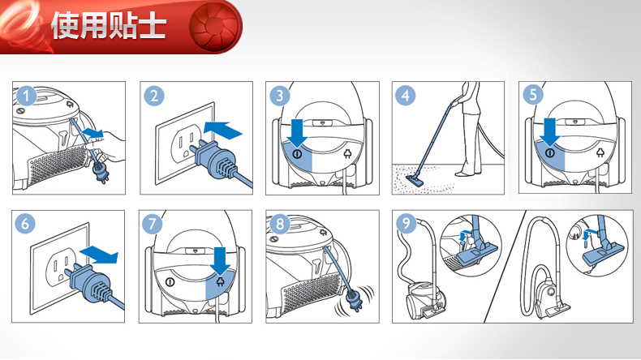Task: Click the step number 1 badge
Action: [27, 96]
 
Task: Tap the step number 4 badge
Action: [405, 96]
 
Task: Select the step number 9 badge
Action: [406, 223]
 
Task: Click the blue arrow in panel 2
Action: [223, 130]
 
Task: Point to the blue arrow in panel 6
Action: [99, 255]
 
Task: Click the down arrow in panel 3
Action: [297, 133]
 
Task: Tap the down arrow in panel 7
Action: [220, 261]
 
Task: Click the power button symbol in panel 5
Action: [550, 153]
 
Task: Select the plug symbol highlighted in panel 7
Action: [221, 281]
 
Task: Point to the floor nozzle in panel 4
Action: [417, 179]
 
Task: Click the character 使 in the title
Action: [65, 26]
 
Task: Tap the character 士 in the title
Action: [153, 26]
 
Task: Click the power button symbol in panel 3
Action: [297, 154]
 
